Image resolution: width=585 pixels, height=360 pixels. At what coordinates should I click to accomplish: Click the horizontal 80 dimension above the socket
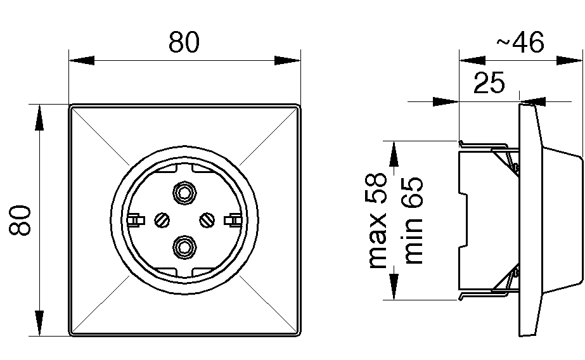pos(184,42)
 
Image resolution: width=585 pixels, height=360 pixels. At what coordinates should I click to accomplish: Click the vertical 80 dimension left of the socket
pos(21,220)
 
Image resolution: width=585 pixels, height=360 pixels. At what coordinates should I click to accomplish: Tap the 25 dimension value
pos(488,83)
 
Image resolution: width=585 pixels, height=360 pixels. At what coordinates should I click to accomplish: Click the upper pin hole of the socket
pos(184,193)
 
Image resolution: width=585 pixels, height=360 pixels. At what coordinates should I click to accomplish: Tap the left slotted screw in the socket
pos(161,220)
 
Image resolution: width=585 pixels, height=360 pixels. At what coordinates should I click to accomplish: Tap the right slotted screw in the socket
pos(207,220)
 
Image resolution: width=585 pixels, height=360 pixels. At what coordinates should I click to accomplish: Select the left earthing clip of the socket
pos(134,220)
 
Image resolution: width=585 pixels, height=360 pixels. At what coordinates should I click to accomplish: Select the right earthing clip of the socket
pos(234,220)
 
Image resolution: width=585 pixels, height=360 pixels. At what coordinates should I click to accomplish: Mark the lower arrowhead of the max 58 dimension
pos(393,286)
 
